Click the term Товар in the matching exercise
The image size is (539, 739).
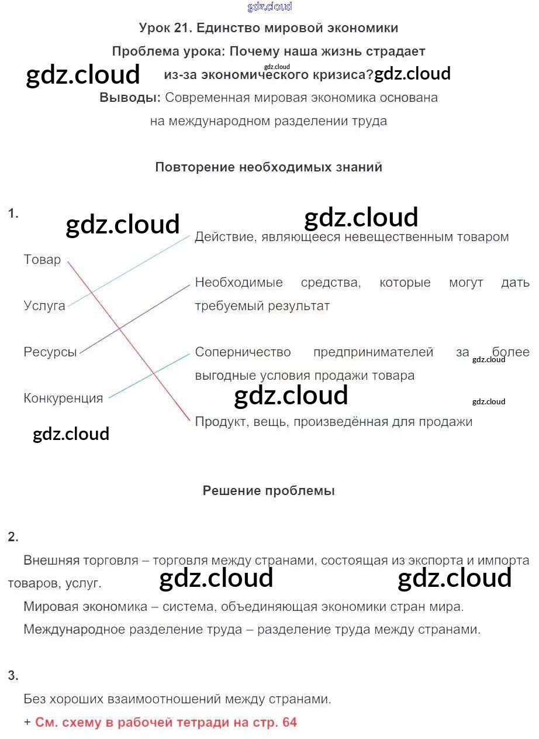tap(42, 260)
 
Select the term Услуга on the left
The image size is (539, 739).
tap(44, 305)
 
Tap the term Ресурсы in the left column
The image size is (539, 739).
tap(50, 352)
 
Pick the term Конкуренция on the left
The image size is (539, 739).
tap(63, 398)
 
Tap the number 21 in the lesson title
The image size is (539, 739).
tap(182, 28)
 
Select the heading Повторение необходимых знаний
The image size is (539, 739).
tap(268, 167)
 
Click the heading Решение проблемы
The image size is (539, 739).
tap(268, 491)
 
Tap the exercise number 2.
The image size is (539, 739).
tap(13, 537)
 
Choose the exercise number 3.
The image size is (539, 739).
tap(13, 676)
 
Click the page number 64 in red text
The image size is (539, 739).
tap(289, 723)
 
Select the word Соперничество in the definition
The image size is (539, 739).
tap(243, 352)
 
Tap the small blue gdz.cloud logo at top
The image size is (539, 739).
tap(269, 6)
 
